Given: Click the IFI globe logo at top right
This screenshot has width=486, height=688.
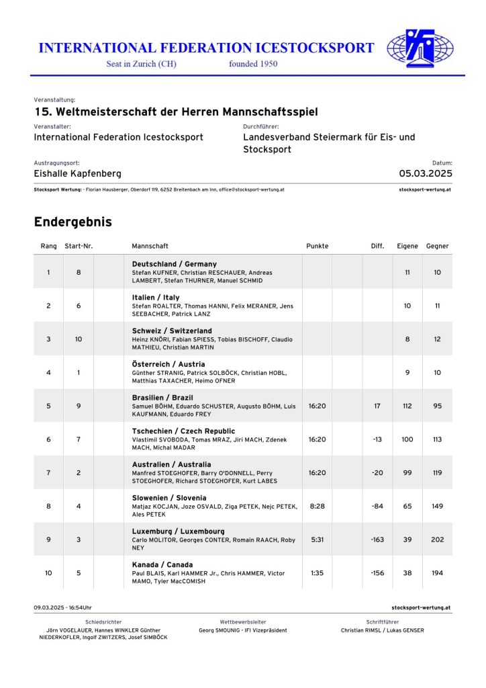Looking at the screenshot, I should pyautogui.click(x=420, y=49).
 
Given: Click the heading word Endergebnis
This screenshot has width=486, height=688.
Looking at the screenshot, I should pyautogui.click(x=72, y=222).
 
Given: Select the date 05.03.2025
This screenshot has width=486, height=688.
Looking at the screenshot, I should pyautogui.click(x=426, y=173).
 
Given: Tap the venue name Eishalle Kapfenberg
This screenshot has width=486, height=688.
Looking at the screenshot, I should pyautogui.click(x=78, y=173).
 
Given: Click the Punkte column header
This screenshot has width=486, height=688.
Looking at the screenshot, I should pyautogui.click(x=317, y=246).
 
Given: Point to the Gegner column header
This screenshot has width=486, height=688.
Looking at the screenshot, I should pyautogui.click(x=437, y=246).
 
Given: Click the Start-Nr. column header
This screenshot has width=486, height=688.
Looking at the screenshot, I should pyautogui.click(x=79, y=246).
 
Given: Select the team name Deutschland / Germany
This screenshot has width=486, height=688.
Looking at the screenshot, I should pyautogui.click(x=175, y=264).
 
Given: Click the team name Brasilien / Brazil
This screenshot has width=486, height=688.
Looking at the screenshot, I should pyautogui.click(x=162, y=398).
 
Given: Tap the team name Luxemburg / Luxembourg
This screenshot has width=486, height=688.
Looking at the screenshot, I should pyautogui.click(x=178, y=531).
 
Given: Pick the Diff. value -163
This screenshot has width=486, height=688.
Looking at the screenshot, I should pyautogui.click(x=377, y=540).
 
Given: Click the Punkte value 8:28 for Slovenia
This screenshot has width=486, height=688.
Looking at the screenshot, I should pyautogui.click(x=317, y=506).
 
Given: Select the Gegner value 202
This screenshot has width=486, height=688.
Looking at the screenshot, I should pyautogui.click(x=437, y=540).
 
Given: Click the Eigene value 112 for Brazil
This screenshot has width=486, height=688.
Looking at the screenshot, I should pyautogui.click(x=407, y=406).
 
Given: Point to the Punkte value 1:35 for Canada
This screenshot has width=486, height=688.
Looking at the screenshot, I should pyautogui.click(x=317, y=573).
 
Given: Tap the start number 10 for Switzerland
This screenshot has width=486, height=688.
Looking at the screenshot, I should pyautogui.click(x=79, y=339).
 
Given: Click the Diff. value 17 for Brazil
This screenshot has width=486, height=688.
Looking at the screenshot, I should pyautogui.click(x=377, y=406).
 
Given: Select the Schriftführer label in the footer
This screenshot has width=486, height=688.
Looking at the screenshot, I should pyautogui.click(x=382, y=622).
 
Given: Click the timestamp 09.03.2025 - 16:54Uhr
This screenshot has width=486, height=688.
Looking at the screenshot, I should pyautogui.click(x=62, y=607).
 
